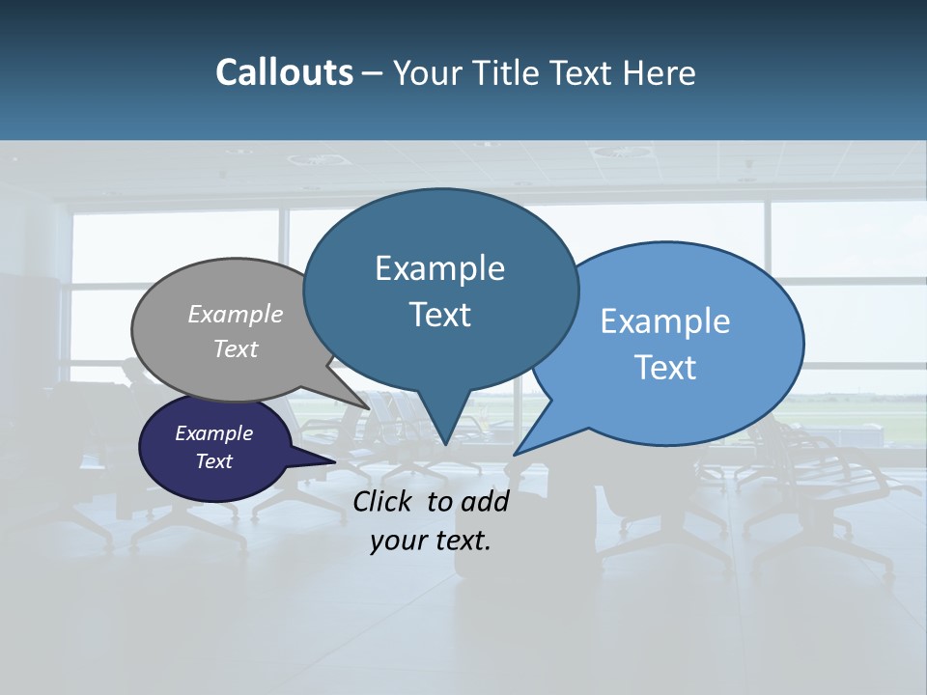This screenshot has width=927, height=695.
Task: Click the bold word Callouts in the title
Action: click(284, 73)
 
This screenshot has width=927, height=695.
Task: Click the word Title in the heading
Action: click(506, 73)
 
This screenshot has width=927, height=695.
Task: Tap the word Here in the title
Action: click(660, 73)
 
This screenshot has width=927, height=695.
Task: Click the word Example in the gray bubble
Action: click(236, 314)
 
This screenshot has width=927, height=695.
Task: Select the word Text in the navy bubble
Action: click(214, 461)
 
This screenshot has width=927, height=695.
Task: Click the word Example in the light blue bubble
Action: click(665, 321)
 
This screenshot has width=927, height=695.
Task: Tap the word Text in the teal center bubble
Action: click(440, 315)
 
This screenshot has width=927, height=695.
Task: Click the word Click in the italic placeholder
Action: click(384, 501)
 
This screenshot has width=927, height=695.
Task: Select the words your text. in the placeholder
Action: click(431, 541)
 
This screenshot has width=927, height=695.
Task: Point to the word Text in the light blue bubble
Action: click(666, 368)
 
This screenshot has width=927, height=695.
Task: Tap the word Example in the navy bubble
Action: click(213, 433)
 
